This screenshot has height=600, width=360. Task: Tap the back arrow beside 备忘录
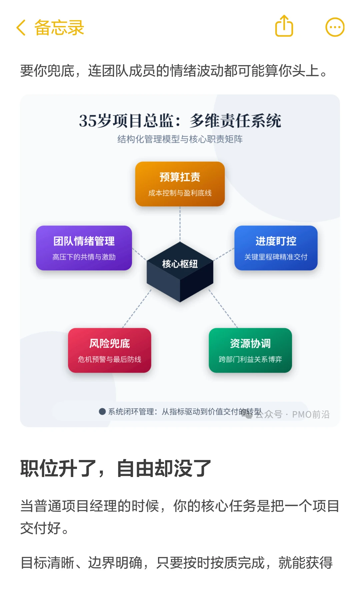tap(21, 27)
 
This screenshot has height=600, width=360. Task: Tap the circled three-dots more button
tap(335, 27)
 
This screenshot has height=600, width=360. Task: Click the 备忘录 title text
tap(59, 27)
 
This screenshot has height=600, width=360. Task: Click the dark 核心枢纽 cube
tap(180, 272)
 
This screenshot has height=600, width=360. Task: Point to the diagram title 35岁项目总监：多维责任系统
tap(180, 121)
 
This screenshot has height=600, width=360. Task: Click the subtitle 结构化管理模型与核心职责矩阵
tap(180, 139)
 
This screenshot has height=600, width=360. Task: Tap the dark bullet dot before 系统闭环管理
tap(102, 412)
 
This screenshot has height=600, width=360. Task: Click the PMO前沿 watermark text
tap(311, 414)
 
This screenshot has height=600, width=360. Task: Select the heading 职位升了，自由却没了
tap(116, 468)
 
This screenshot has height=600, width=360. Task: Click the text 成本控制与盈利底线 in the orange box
tap(180, 193)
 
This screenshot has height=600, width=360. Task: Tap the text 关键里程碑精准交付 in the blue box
tap(276, 257)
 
